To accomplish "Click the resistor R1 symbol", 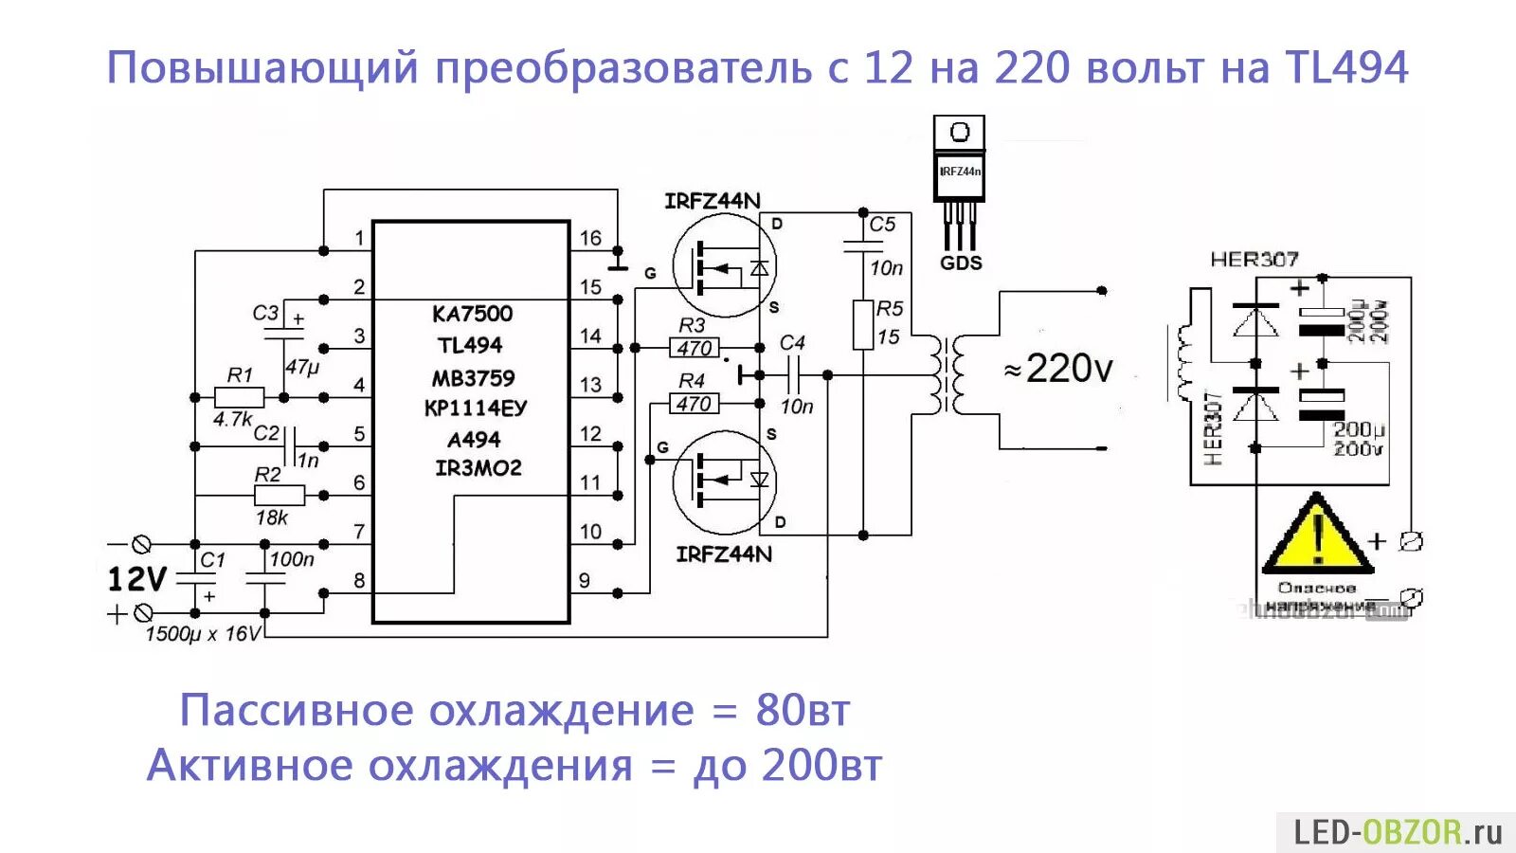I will point(239,397).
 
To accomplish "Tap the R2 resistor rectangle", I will point(280,495).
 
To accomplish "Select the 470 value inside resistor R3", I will point(695,348).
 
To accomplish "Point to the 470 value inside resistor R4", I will point(695,404).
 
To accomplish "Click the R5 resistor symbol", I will point(863,325).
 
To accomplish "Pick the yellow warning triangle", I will point(1317,536).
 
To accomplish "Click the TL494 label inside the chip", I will point(470,345).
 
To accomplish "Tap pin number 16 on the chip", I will point(590,238).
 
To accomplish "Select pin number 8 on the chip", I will point(359,580).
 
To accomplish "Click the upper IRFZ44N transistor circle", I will point(724,265).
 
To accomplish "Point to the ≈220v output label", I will point(1059,369).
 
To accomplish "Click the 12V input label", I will point(137,578).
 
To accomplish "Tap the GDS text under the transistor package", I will point(961,263).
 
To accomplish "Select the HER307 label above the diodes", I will point(1254,259).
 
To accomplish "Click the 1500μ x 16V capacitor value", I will point(202,633).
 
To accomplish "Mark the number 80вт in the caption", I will point(803,710).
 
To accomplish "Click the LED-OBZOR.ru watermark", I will point(1398,832).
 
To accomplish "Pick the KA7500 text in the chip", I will point(472,314).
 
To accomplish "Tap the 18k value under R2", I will point(271,517).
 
